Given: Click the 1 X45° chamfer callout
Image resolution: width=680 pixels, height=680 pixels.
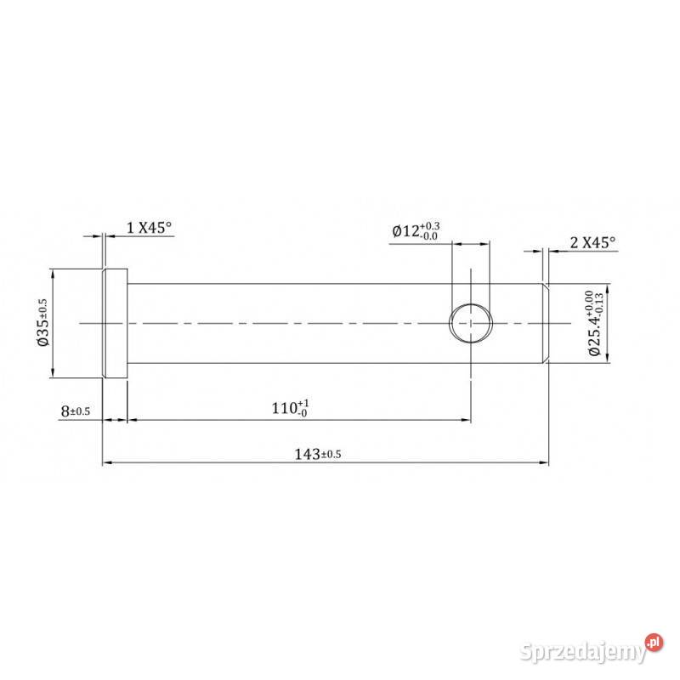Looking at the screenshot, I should tap(149, 227).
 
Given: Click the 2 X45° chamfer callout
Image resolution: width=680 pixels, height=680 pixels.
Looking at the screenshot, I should tap(592, 242).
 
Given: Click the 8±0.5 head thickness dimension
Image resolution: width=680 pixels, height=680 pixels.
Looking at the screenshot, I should tap(76, 411).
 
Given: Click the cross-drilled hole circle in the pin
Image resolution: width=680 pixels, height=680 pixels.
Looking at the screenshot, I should tap(471, 323).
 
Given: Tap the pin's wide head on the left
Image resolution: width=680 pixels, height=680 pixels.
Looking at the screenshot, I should tap(115, 324).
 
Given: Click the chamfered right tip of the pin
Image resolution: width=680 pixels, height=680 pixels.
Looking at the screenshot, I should tap(545, 324).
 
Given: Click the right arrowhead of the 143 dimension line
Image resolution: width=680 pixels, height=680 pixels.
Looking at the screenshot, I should tap(545, 463).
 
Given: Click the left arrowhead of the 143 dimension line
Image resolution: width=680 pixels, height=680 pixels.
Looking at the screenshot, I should tap(105, 463).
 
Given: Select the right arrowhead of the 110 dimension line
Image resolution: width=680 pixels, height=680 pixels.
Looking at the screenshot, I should tap(467, 420).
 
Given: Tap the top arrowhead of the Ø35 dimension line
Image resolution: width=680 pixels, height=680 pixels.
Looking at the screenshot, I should tap(53, 274).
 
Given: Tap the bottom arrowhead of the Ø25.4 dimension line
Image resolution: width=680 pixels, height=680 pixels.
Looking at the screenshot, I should tap(609, 360).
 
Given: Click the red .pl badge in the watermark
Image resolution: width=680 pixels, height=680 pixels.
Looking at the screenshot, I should tap(653, 642).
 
